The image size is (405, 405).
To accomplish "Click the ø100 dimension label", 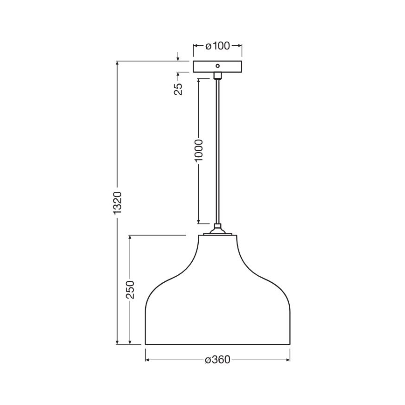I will [x=217, y=46].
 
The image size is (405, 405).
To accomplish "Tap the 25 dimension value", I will [x=178, y=89].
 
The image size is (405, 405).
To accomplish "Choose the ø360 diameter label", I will [x=218, y=360].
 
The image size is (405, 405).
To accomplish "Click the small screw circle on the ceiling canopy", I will [x=217, y=66].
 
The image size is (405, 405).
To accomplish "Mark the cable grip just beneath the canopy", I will [x=217, y=76].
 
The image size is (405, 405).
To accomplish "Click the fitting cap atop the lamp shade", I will [x=217, y=230].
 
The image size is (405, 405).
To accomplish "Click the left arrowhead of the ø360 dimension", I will [x=148, y=360].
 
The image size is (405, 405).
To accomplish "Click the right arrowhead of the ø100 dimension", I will [x=240, y=46].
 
